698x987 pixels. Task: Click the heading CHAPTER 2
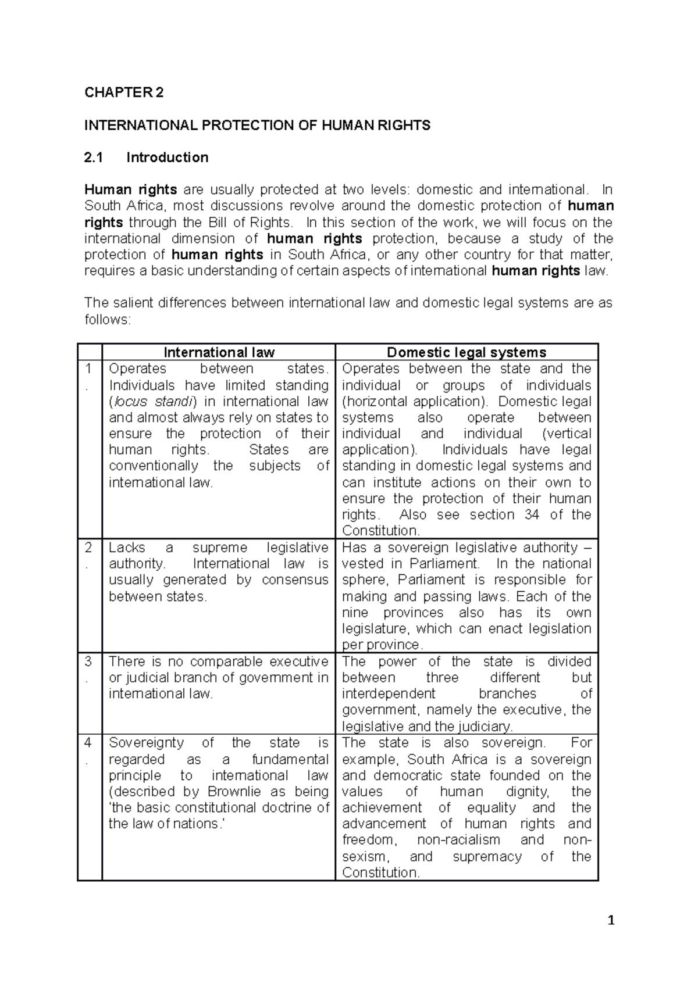click(124, 92)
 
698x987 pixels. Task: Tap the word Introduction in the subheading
click(168, 158)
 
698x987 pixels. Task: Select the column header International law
click(219, 352)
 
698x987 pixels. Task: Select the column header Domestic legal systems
click(466, 352)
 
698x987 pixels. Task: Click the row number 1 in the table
click(88, 369)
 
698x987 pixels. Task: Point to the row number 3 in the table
click(88, 661)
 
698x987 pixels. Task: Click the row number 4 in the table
click(88, 743)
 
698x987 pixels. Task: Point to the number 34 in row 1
click(531, 515)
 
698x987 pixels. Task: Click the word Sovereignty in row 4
click(146, 743)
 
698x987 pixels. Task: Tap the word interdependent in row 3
click(388, 694)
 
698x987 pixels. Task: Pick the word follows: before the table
click(108, 320)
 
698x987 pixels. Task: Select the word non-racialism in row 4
click(458, 841)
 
